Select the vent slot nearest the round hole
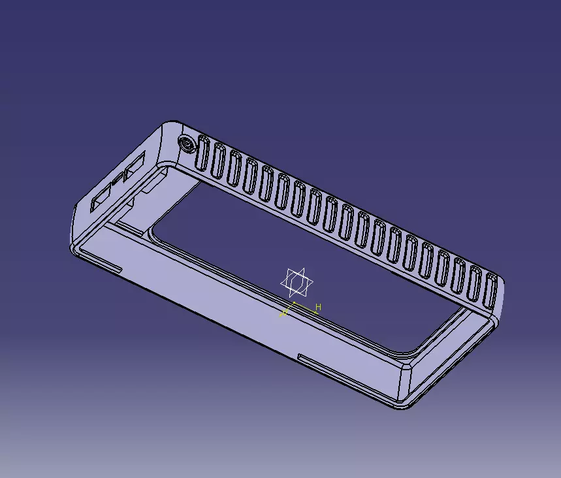(203, 153)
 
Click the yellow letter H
(319, 306)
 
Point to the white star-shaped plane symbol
(297, 282)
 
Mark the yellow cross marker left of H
(284, 313)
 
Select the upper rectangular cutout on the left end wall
(136, 165)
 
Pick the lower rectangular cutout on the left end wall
(101, 198)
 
